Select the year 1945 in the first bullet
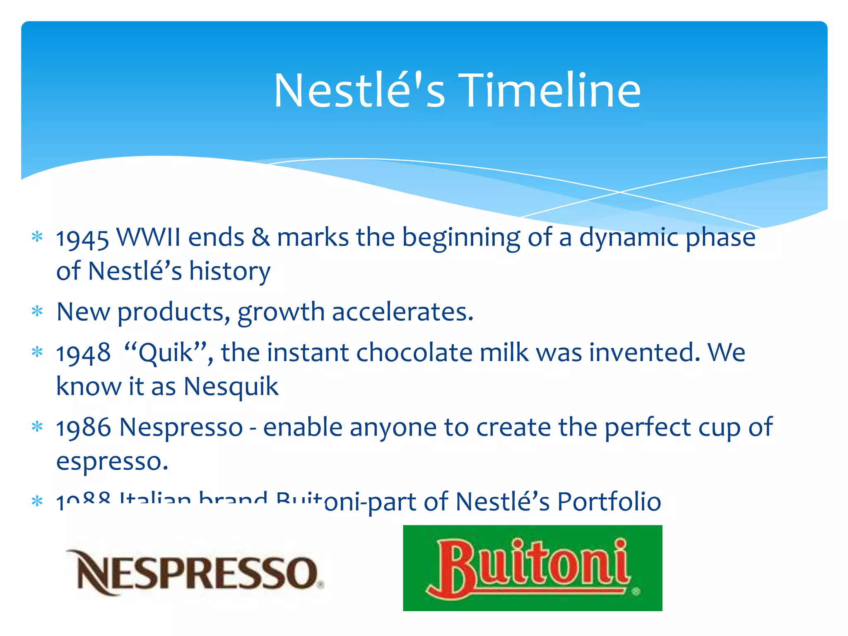[82, 239]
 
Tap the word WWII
[148, 238]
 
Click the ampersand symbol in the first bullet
[260, 238]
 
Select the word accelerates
[402, 312]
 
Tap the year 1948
[83, 354]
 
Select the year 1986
[83, 428]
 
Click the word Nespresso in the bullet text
[181, 428]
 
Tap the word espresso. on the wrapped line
[112, 462]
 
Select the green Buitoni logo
[532, 568]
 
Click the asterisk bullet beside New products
[37, 312]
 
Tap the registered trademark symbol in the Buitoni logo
[636, 591]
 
